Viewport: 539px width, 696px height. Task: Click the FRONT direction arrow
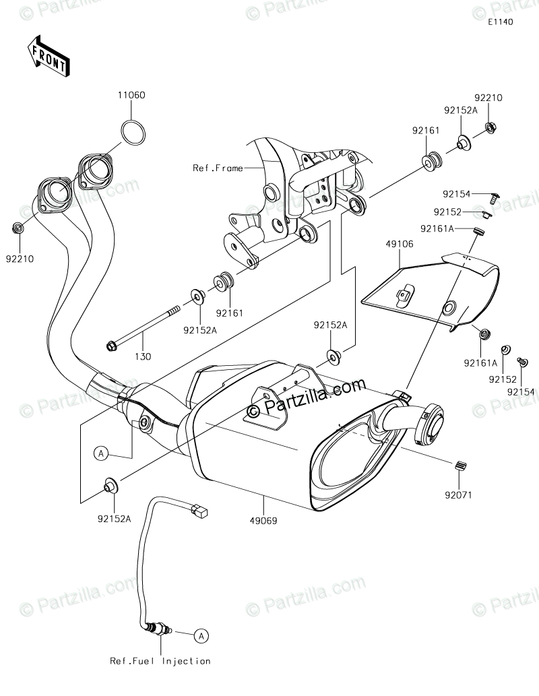[x=46, y=56]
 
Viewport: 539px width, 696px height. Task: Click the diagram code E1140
[x=501, y=22]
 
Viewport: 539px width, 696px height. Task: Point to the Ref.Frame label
[x=217, y=168]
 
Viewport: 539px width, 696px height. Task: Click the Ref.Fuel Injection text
[x=160, y=661]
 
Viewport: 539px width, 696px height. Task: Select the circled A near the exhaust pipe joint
[x=100, y=453]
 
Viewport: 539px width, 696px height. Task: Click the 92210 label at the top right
[x=488, y=98]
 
